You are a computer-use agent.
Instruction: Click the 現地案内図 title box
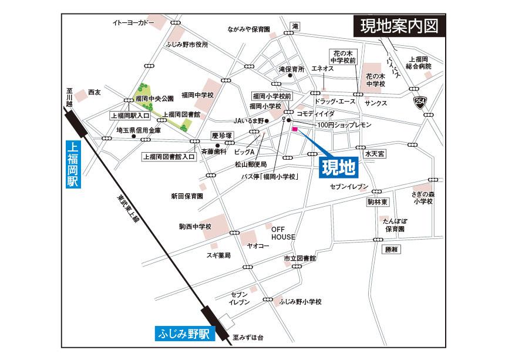399,26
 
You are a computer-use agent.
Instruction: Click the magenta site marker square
295,129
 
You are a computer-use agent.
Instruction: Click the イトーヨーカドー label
133,23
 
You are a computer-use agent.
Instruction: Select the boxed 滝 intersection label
296,27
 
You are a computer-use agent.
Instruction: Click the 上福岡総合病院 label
420,63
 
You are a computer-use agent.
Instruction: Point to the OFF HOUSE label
283,233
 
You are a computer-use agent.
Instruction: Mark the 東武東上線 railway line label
126,210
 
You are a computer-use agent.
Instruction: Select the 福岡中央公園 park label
154,98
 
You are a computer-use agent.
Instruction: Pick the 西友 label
95,92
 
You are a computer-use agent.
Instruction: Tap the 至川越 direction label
69,95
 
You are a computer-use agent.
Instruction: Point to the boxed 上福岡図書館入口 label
168,157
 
